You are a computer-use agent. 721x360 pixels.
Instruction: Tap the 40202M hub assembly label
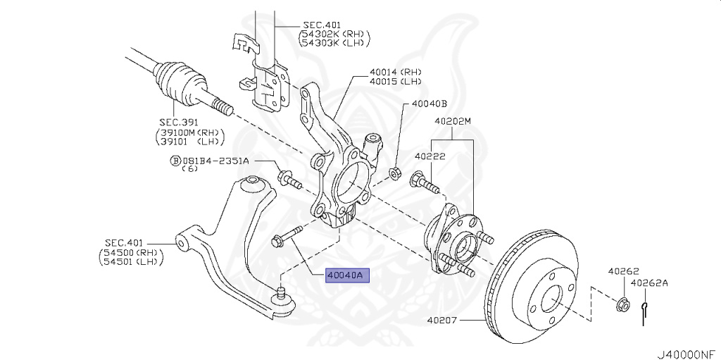point(452,121)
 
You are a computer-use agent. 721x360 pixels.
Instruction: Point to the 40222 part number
point(429,156)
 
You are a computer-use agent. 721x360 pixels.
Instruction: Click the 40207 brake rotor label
point(441,321)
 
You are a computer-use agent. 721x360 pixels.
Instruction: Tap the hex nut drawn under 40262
point(622,304)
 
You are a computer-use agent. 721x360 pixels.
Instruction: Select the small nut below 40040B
point(396,171)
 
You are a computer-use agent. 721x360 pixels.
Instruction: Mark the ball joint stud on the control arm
point(281,290)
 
